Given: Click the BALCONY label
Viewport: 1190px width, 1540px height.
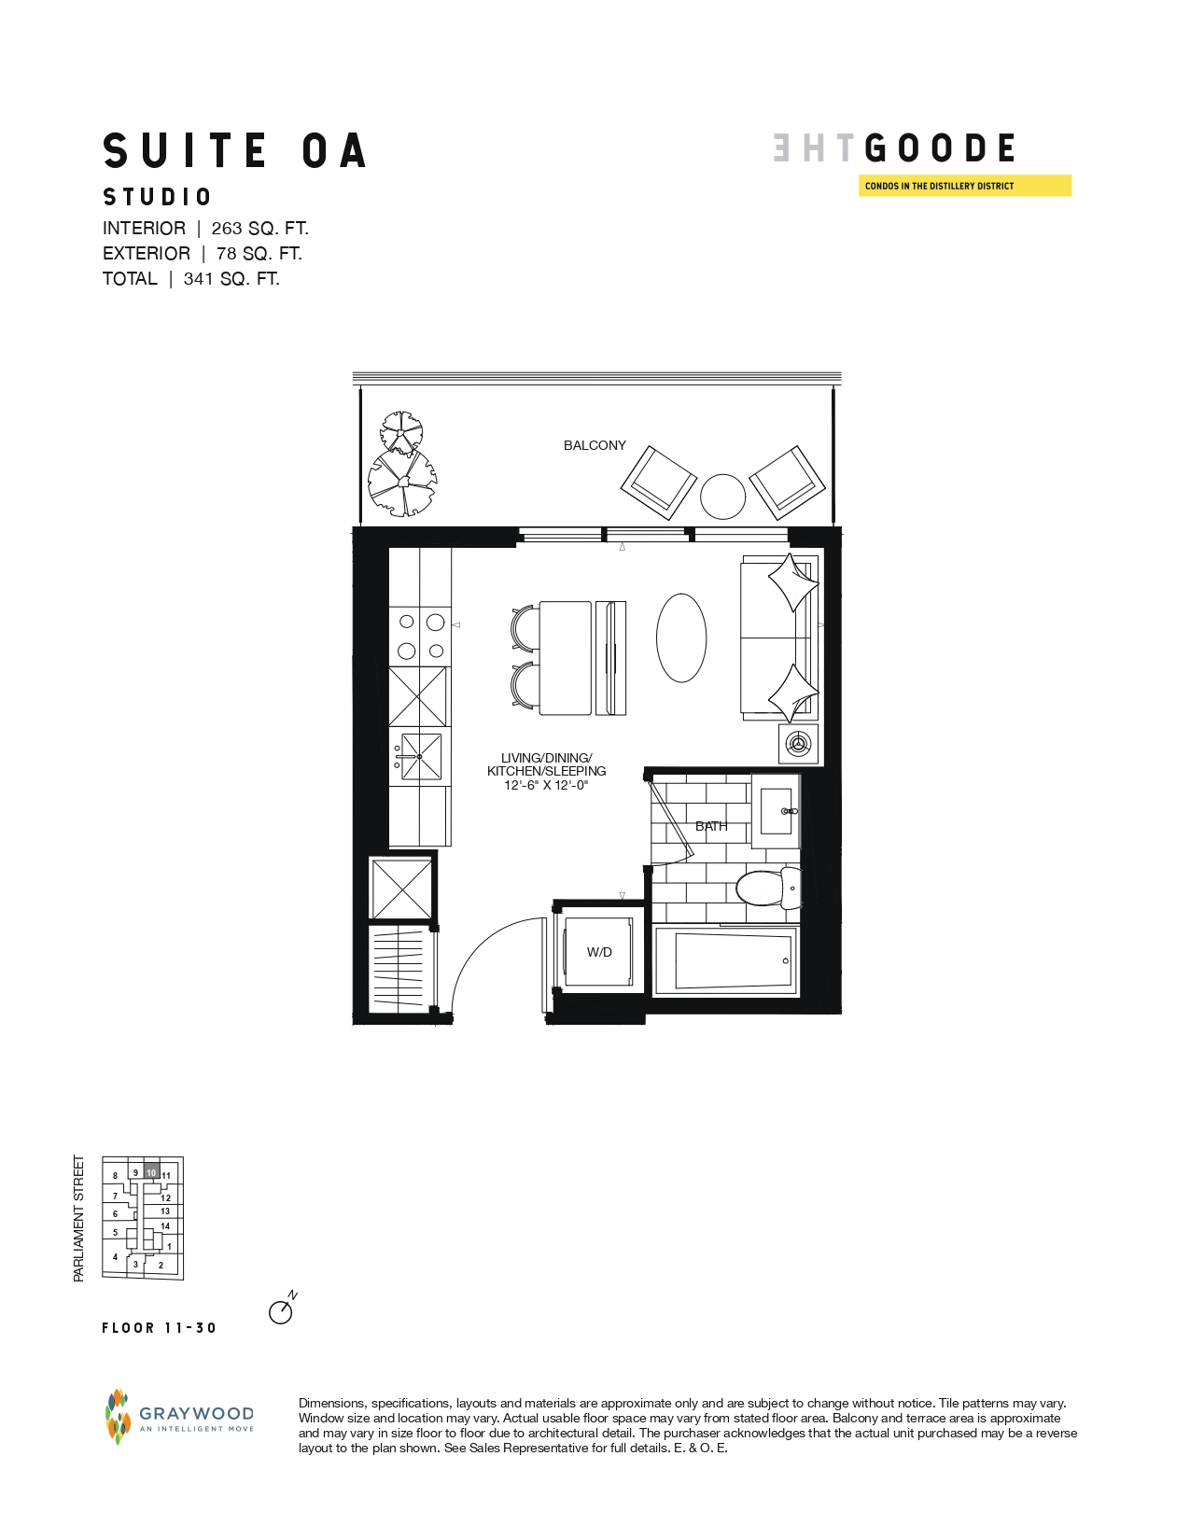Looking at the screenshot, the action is pyautogui.click(x=594, y=445).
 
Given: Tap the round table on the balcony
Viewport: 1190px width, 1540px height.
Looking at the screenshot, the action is pyautogui.click(x=722, y=497).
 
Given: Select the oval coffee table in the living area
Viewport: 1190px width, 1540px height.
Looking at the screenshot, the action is pyautogui.click(x=681, y=637).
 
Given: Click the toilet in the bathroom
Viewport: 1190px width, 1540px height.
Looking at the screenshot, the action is pyautogui.click(x=768, y=888).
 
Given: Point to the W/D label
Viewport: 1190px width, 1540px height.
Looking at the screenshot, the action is pyautogui.click(x=599, y=952).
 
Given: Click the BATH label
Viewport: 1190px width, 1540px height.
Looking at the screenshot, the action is pyautogui.click(x=711, y=826).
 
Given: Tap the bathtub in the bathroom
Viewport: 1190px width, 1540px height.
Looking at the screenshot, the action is pyautogui.click(x=726, y=960).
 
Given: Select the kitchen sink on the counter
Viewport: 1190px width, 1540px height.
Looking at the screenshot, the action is pyautogui.click(x=420, y=756).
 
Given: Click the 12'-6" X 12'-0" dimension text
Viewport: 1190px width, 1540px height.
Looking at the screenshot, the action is pyautogui.click(x=546, y=785).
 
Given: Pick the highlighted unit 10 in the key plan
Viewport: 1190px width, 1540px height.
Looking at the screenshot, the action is pyautogui.click(x=152, y=1173).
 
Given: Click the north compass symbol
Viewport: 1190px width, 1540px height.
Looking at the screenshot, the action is pyautogui.click(x=282, y=1309).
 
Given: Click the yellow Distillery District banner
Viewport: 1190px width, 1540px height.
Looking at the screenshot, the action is pyautogui.click(x=965, y=186).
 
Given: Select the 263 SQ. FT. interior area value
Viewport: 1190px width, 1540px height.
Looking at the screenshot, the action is pyautogui.click(x=259, y=229).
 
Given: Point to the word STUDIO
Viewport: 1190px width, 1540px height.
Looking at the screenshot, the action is pyautogui.click(x=158, y=197).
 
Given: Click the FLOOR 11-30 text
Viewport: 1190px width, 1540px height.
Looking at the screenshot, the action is pyautogui.click(x=160, y=1328).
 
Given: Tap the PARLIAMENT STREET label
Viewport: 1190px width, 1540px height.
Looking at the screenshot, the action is pyautogui.click(x=78, y=1218).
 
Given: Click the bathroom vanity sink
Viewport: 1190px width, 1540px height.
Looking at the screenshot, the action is pyautogui.click(x=777, y=811).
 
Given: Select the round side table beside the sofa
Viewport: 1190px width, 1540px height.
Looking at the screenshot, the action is pyautogui.click(x=799, y=744).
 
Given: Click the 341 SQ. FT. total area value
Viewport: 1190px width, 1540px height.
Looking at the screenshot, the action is pyautogui.click(x=231, y=278).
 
